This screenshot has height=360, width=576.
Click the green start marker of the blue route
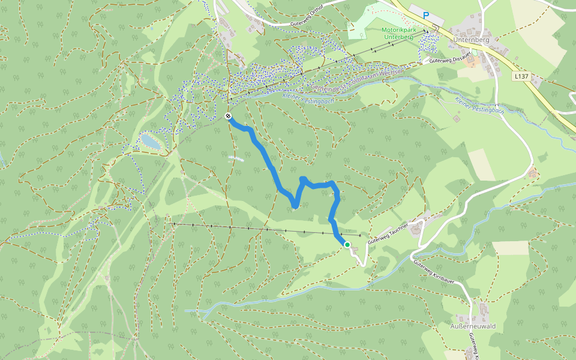(x=347, y=244)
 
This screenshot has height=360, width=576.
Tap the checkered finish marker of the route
(x=228, y=116)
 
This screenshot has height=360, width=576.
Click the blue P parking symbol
(x=426, y=15)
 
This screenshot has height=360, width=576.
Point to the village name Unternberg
(x=472, y=40)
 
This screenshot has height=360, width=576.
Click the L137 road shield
(x=521, y=77)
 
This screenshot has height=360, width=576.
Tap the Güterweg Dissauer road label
(x=449, y=59)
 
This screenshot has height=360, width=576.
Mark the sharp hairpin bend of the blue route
(x=295, y=206)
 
